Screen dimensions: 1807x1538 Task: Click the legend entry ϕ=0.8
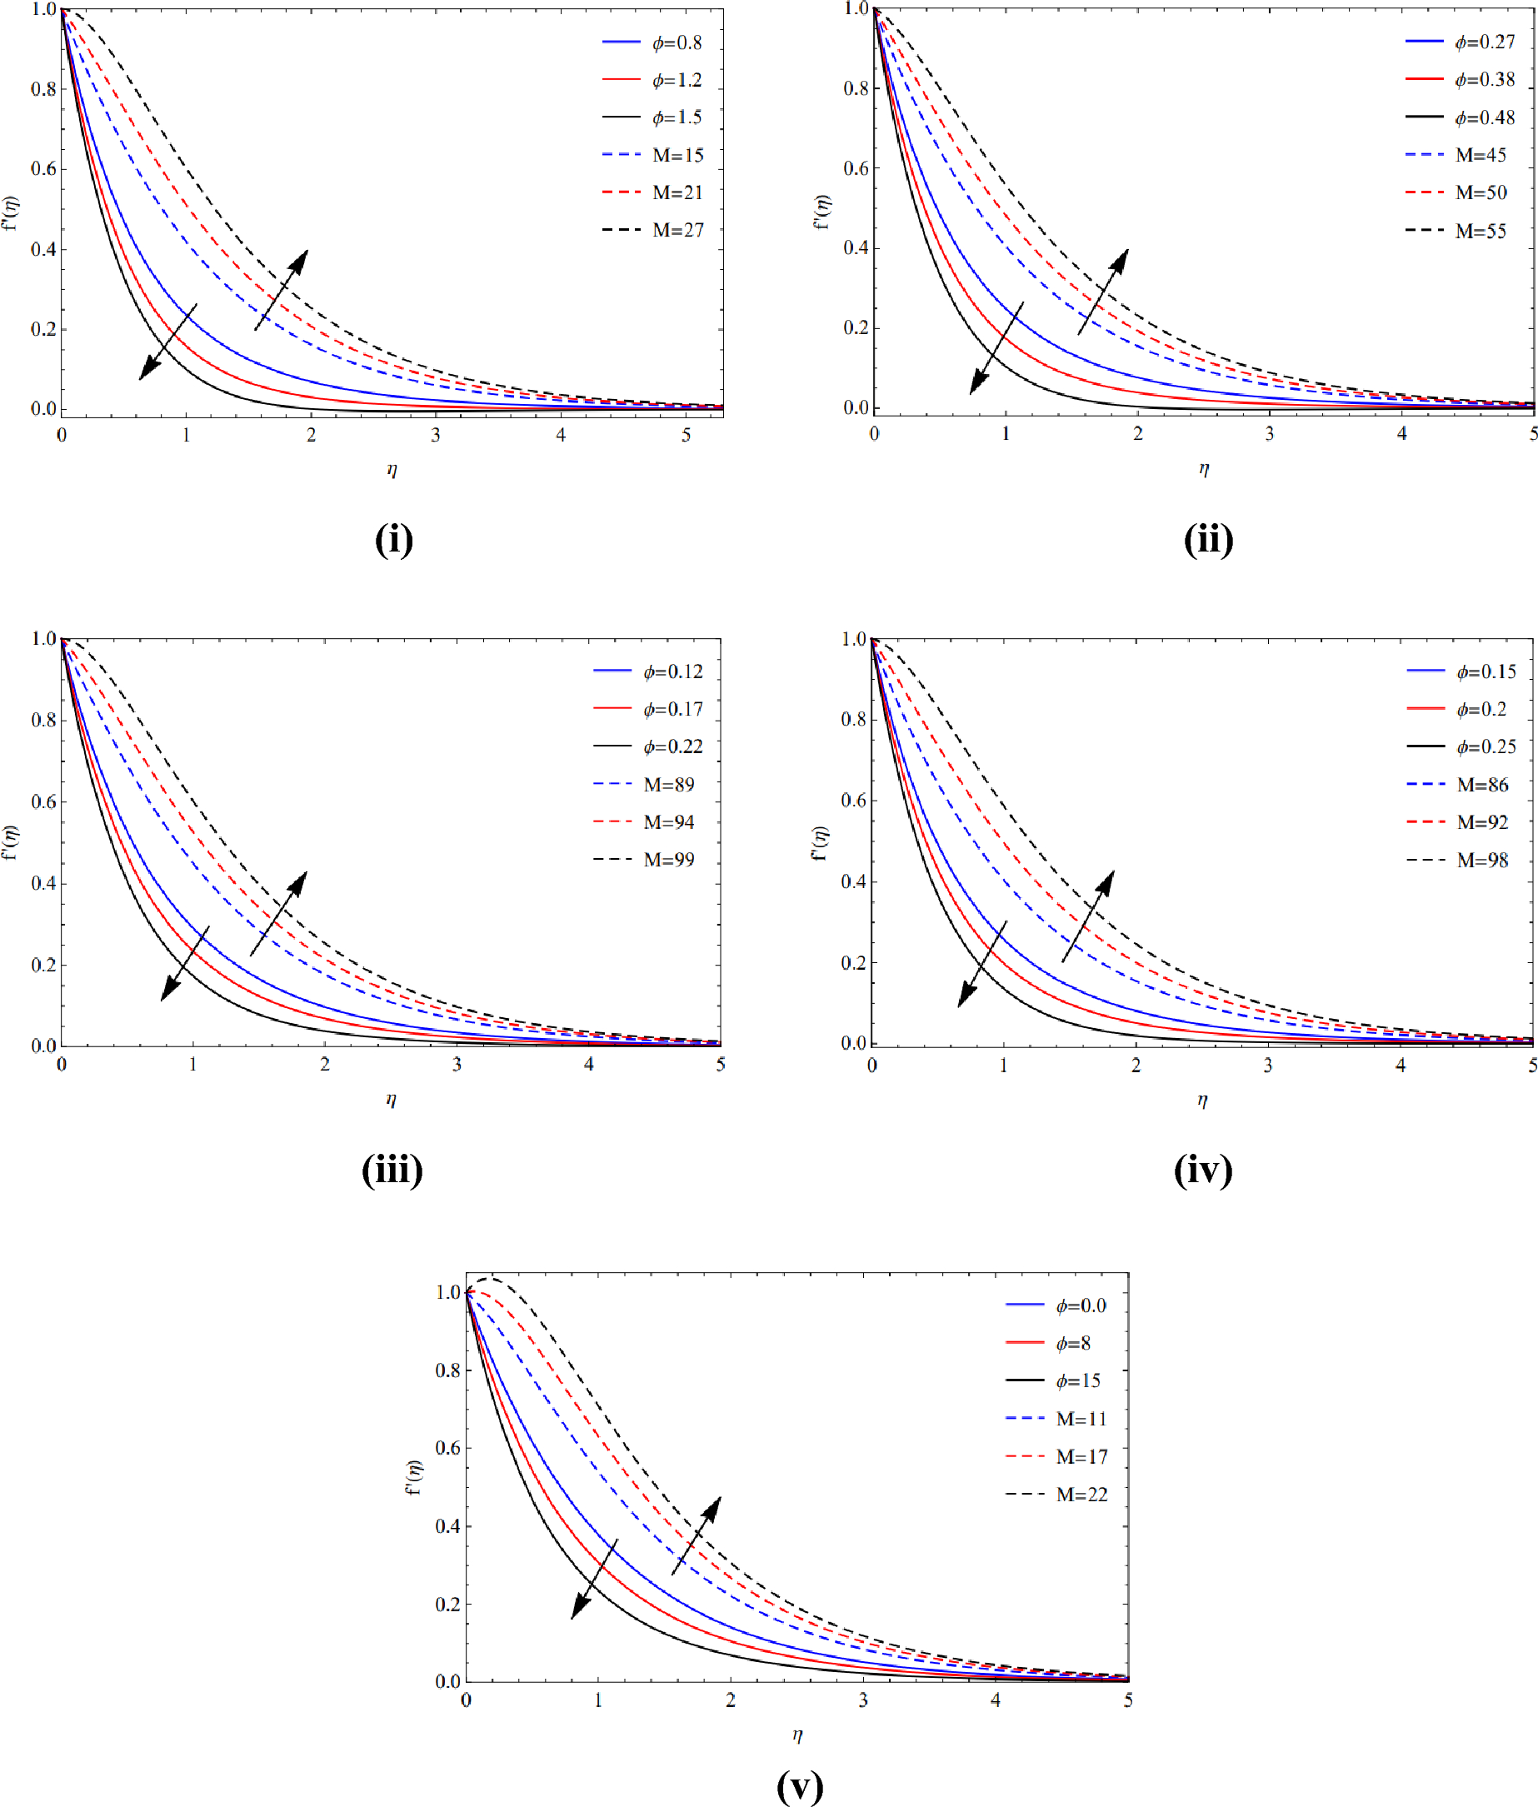677,42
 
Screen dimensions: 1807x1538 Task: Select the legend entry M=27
677,230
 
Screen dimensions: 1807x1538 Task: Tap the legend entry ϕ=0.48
1484,117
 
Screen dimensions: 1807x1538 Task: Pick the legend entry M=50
1481,192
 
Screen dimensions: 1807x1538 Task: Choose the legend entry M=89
669,785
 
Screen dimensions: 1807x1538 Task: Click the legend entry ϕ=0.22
672,747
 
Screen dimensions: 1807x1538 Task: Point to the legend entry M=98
1482,861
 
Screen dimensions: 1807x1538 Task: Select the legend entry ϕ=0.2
1481,710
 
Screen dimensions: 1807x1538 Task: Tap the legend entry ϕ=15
1077,1380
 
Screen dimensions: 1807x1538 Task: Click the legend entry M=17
1081,1456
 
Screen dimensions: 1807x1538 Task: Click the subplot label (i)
393,540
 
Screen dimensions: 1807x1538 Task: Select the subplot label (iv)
1203,1170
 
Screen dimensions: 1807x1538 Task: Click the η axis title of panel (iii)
392,1099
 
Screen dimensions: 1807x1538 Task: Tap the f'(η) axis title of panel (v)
414,1476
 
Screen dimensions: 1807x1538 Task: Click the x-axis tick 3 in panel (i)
436,435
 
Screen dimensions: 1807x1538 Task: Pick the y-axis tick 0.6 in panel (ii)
856,168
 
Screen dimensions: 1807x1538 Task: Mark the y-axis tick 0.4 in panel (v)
448,1525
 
